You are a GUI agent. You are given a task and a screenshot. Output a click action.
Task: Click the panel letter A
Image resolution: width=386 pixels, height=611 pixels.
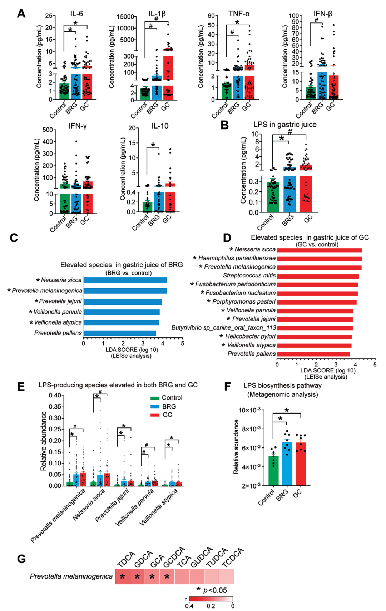pyautogui.click(x=21, y=14)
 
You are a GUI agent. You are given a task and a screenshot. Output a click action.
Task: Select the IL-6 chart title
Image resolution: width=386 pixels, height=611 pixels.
pyautogui.click(x=76, y=14)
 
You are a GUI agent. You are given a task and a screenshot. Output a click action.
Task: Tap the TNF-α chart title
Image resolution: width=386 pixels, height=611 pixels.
pyautogui.click(x=239, y=14)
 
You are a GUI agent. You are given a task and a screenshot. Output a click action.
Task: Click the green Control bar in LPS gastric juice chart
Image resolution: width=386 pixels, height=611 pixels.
pyautogui.click(x=273, y=196)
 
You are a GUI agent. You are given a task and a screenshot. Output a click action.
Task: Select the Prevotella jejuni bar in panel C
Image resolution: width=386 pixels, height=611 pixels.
pyautogui.click(x=123, y=302)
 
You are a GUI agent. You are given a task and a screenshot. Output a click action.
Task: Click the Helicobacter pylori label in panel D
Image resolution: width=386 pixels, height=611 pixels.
pyautogui.click(x=250, y=336)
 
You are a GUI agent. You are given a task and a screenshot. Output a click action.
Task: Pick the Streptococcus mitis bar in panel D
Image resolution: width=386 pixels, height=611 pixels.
pyautogui.click(x=318, y=276)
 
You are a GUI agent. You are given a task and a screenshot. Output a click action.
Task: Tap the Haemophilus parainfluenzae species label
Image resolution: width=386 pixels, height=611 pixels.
pyautogui.click(x=237, y=258)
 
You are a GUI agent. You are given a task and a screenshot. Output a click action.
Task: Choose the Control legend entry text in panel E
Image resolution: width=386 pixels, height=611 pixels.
pyautogui.click(x=172, y=398)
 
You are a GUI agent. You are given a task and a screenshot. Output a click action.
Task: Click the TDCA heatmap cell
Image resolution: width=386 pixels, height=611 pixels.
pyautogui.click(x=123, y=576)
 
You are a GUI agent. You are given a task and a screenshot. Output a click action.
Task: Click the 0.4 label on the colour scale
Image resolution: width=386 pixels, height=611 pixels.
pyautogui.click(x=189, y=606)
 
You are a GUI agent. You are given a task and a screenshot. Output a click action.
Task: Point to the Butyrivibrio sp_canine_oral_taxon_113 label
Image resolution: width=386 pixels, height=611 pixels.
pyautogui.click(x=223, y=328)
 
